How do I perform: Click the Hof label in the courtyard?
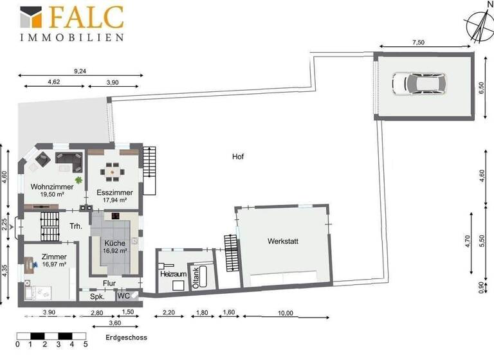pos(238,157)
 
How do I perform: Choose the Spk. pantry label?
pos(97,297)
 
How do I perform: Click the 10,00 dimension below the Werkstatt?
pos(286,313)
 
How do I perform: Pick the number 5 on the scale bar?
pos(86,345)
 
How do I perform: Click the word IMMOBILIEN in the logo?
pos(71,38)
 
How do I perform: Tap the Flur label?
pos(109,282)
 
